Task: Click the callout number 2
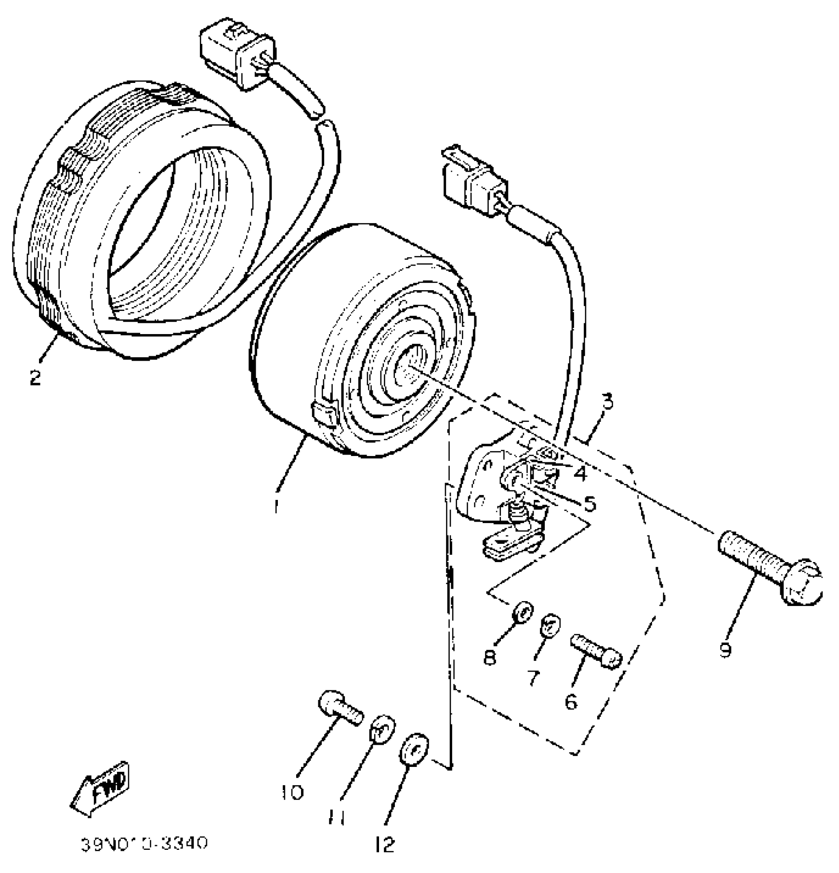[x=35, y=379]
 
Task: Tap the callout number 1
[x=276, y=506]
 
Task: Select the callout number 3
[x=608, y=403]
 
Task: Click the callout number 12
[x=385, y=845]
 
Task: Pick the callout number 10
[x=293, y=793]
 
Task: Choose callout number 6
[x=571, y=701]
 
